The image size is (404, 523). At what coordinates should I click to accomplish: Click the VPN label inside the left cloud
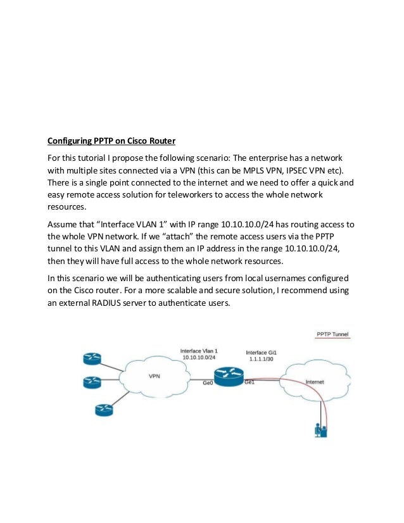[154, 375]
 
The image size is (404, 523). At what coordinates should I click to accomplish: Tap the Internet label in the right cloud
[316, 382]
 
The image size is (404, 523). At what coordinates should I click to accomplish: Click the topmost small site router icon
[91, 358]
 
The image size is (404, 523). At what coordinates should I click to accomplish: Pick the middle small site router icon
[91, 382]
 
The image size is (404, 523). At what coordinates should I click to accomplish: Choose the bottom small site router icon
[103, 410]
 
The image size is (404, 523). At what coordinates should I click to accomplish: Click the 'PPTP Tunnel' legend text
[332, 334]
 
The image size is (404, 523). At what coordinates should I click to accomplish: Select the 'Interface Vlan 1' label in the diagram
[199, 350]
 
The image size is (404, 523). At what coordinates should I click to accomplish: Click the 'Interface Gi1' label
[261, 350]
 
